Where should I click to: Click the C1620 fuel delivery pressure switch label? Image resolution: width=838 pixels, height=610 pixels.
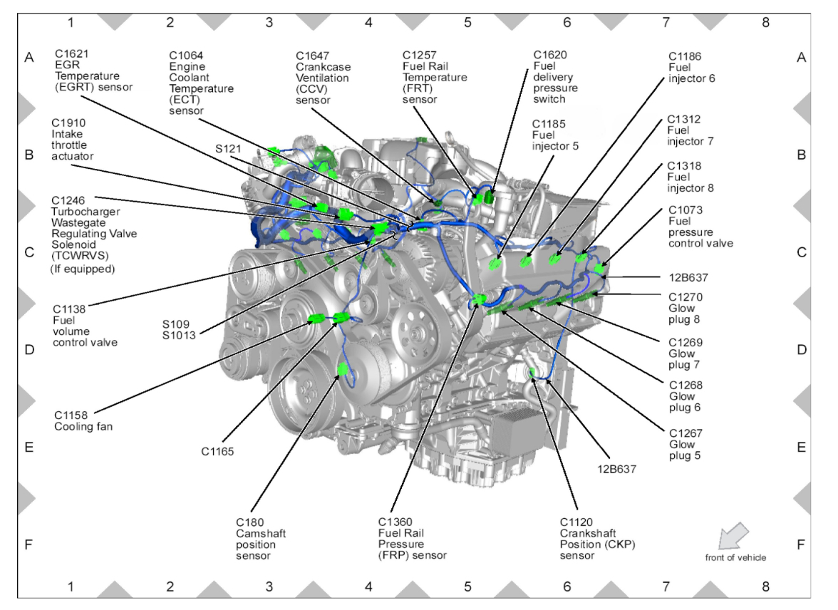556,77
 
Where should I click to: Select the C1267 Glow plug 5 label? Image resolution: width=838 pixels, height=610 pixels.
685,444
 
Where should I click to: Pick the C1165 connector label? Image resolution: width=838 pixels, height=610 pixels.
218,450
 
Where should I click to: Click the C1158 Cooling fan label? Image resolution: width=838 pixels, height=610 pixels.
83,420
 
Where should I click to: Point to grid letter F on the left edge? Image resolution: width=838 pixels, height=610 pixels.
29,545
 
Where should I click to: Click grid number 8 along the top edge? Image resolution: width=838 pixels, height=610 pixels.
765,22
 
